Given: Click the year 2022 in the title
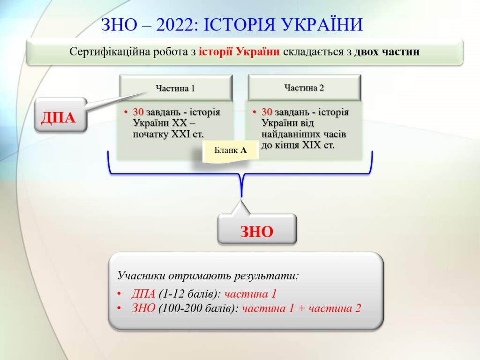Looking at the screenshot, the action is [175, 24].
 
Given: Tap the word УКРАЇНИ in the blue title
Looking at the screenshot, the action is [322, 24].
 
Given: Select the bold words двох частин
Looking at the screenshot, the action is [387, 52].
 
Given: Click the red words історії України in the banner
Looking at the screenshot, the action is [239, 52].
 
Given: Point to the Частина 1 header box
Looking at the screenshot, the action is [176, 88].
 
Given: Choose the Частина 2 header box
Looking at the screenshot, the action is [305, 88].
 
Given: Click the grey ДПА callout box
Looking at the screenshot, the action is [60, 115].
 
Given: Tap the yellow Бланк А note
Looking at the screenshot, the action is [231, 150].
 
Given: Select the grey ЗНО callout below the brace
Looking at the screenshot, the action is [257, 229].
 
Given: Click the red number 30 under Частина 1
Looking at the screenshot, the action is [138, 112].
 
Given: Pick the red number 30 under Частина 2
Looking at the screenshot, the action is [267, 112].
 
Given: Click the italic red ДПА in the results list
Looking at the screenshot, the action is [143, 294].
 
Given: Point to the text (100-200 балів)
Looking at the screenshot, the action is [198, 308].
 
